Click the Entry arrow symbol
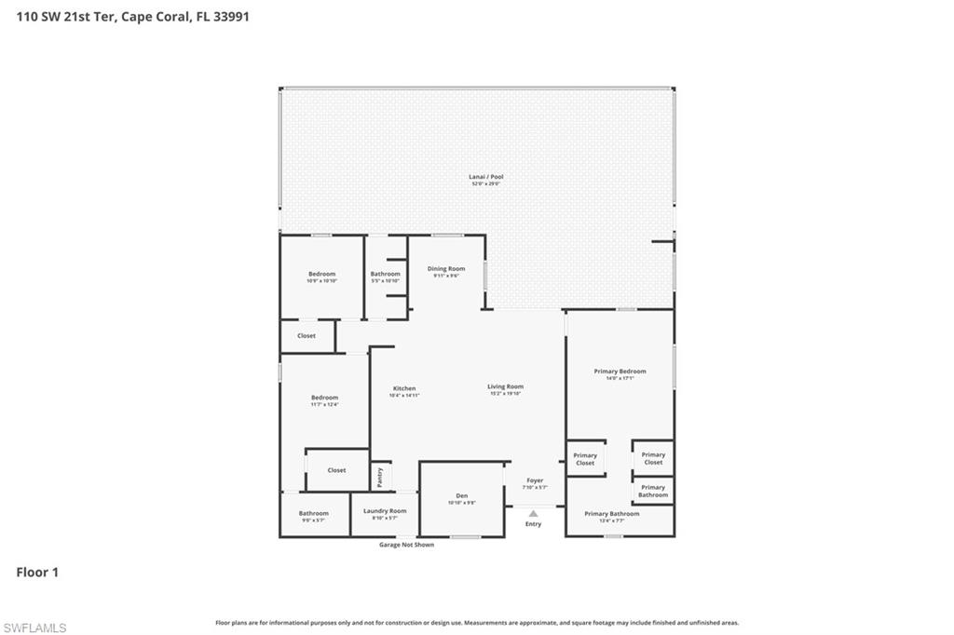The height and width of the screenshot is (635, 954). [x=533, y=513]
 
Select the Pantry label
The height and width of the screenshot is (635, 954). [x=380, y=476]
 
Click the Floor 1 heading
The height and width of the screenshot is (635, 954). [x=37, y=573]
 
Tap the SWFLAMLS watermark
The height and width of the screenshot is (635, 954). [x=34, y=628]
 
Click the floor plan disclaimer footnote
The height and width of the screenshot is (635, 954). [x=477, y=623]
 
